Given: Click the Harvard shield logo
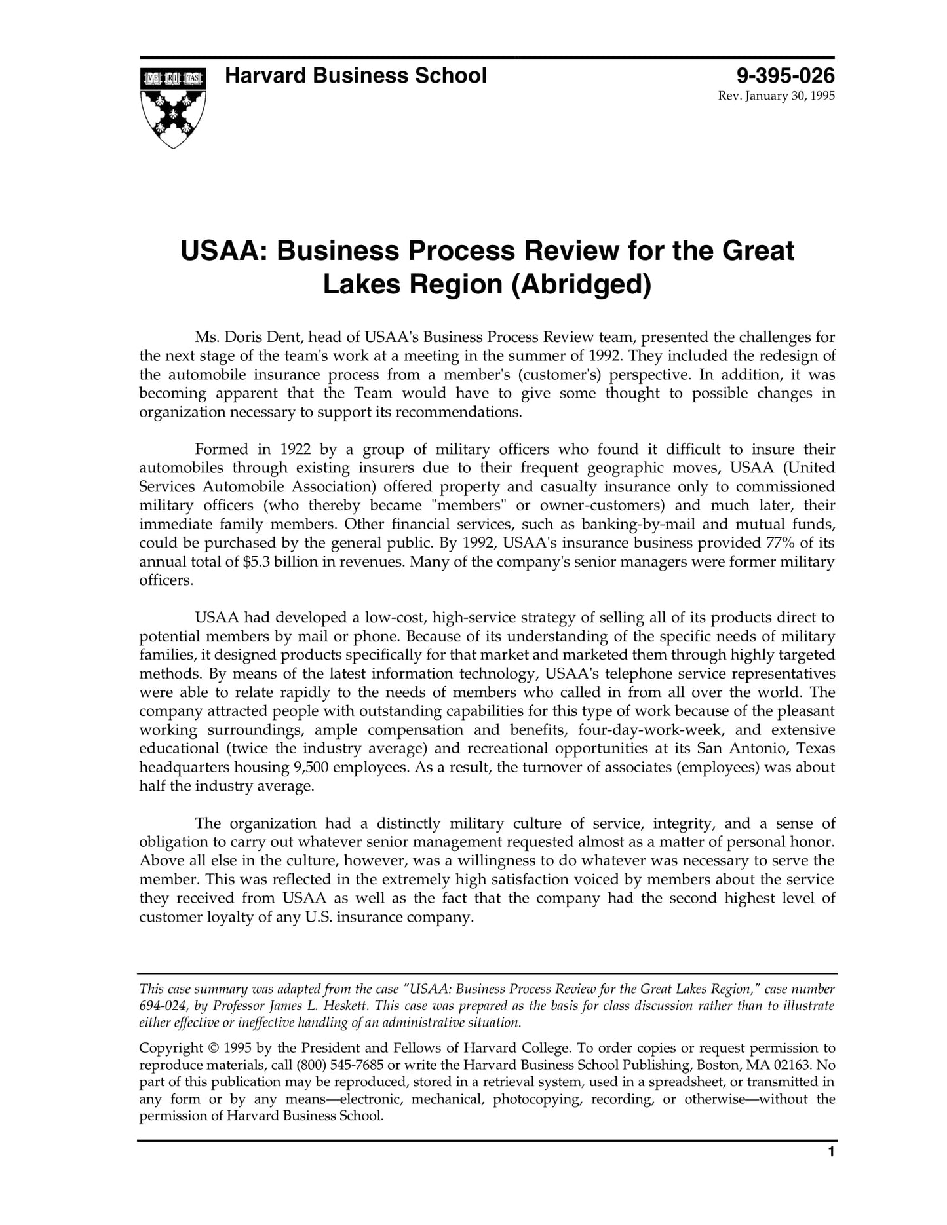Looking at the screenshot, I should pos(173,107).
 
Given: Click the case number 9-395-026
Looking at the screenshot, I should pos(785,76).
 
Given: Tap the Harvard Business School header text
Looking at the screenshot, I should pos(355,76).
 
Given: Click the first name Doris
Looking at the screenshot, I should pos(243,337).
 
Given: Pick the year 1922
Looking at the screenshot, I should pos(295,449).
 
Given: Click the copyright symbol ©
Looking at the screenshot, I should pos(213,1048).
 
